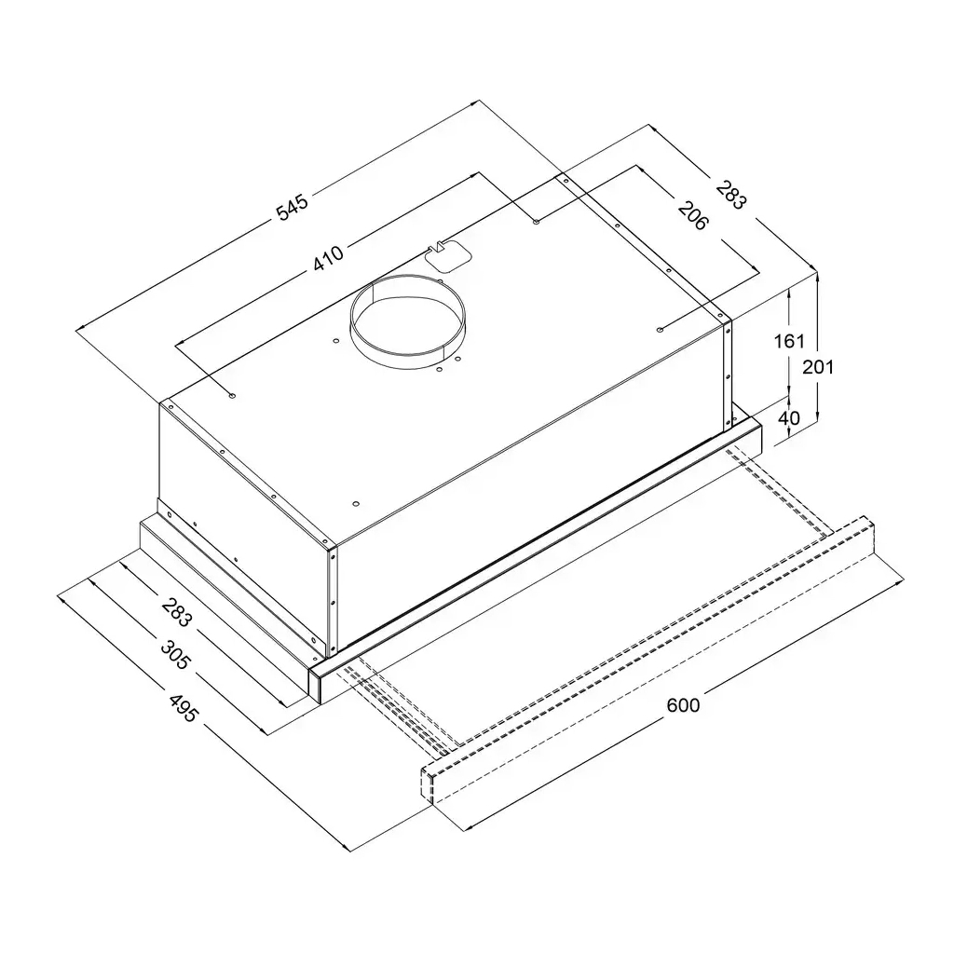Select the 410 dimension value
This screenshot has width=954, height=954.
329,257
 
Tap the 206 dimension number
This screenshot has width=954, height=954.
693,216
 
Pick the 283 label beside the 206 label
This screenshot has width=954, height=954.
730,195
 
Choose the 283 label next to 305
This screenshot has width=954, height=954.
176,613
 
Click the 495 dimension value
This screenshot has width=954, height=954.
183,707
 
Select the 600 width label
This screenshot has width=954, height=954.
683,705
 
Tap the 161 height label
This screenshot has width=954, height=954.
789,341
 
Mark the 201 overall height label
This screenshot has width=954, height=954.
818,367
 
